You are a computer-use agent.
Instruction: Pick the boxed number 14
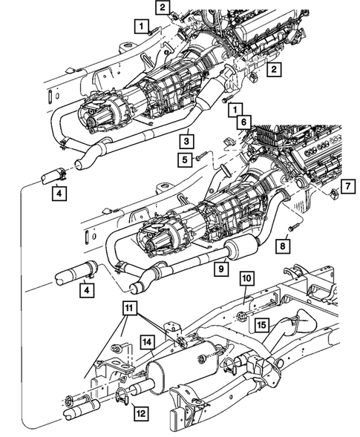(x=147, y=342)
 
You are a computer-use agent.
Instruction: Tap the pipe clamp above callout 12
(x=122, y=392)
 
